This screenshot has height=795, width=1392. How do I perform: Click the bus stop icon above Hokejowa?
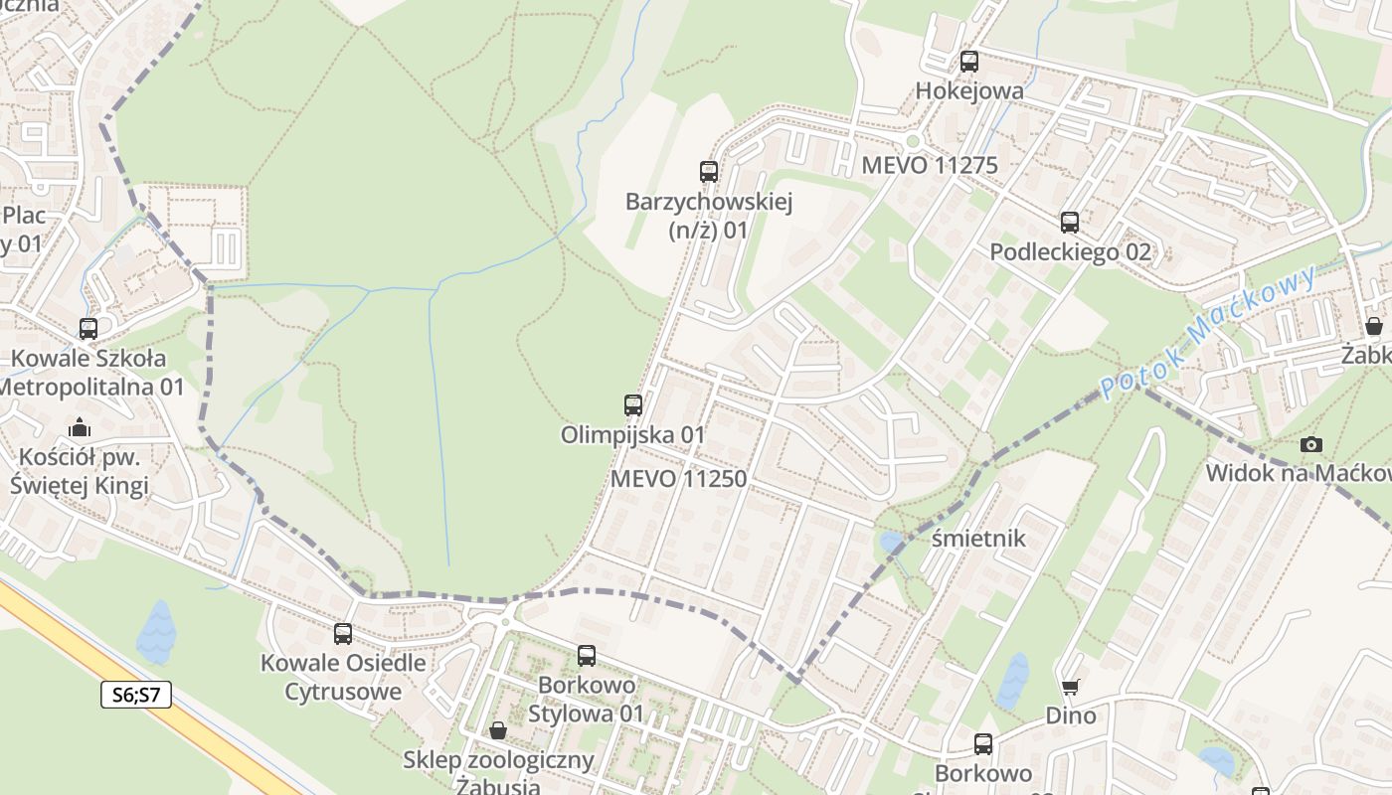point(968,62)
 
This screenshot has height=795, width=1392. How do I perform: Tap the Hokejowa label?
point(968,91)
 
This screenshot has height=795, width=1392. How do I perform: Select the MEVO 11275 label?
point(929,165)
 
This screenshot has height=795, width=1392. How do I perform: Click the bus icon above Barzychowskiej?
point(708,172)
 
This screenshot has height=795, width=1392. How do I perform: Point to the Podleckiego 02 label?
point(1070,252)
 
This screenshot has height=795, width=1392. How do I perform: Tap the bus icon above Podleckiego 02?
point(1069,223)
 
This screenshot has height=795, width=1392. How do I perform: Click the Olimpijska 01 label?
point(632,435)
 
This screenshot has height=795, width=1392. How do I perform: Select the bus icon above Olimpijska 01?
point(632,405)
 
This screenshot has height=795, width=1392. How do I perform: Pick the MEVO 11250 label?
point(678,479)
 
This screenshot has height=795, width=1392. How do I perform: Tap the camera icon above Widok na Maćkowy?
point(1311,444)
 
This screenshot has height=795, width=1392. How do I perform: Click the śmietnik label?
point(978,539)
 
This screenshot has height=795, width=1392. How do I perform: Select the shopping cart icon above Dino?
point(1070,687)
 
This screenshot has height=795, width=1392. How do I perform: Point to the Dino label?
point(1070,715)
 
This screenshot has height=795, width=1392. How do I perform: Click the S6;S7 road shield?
point(136,695)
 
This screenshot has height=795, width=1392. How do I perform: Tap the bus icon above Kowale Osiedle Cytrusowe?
point(342,633)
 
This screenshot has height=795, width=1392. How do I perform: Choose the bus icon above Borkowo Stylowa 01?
point(586,656)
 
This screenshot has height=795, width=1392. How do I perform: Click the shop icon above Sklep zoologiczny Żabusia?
point(497,731)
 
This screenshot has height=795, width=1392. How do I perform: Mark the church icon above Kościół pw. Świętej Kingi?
point(79,428)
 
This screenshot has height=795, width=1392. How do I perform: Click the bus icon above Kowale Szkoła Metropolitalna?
point(87,329)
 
